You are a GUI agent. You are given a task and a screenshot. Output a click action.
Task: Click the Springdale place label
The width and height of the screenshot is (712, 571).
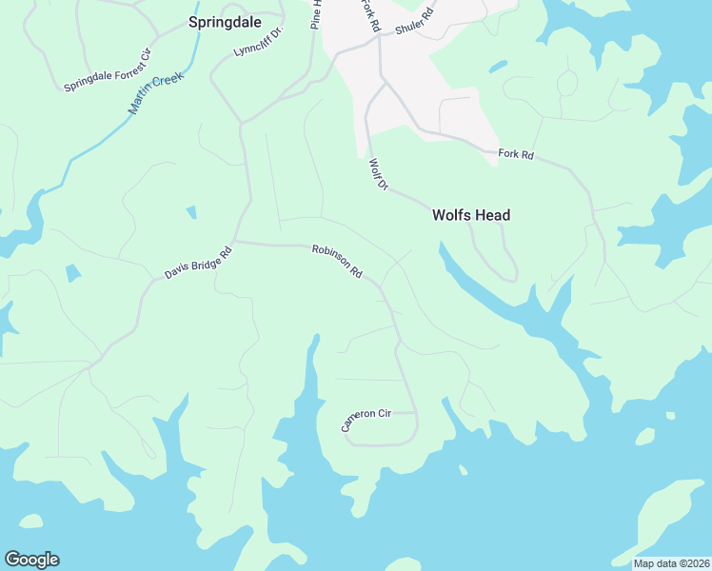(x=225, y=20)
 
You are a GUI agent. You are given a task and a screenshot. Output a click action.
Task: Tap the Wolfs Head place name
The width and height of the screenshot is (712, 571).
(x=471, y=215)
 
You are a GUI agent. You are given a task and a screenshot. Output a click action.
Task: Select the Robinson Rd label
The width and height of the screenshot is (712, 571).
(x=338, y=261)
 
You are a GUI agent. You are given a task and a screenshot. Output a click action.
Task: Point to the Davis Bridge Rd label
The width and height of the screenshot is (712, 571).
(x=198, y=264)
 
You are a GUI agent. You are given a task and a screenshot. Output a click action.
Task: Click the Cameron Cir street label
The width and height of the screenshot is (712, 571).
(x=366, y=420)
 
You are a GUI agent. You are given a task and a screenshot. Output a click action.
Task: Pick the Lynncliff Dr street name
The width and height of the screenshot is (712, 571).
(x=259, y=42)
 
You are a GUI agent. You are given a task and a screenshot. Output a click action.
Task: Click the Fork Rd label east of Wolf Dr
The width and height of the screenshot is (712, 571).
(x=516, y=153)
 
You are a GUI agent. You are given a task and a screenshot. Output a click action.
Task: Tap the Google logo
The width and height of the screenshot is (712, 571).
(x=31, y=560)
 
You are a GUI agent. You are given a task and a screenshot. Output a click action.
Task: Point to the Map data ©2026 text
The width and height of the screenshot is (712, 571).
(x=671, y=563)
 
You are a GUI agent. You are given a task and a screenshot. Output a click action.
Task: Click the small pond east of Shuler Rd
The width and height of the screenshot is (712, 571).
(x=497, y=68)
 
